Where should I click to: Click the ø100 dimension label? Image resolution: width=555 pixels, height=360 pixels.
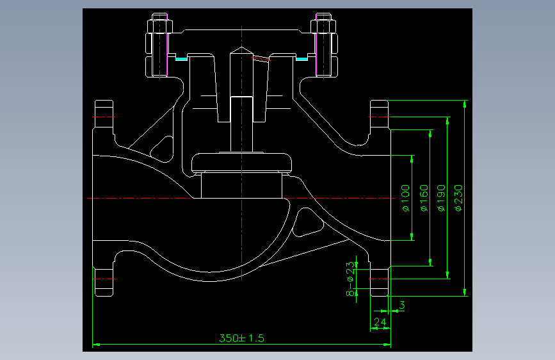(406, 198)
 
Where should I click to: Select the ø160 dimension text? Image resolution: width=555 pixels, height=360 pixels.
(424, 198)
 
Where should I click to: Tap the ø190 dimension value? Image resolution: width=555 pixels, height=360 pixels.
(441, 198)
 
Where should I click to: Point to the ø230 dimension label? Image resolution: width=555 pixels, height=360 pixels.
(458, 198)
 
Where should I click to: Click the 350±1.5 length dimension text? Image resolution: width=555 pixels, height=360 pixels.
(242, 338)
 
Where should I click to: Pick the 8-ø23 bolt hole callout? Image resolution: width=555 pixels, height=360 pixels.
(350, 279)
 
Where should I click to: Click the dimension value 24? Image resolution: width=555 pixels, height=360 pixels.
(380, 322)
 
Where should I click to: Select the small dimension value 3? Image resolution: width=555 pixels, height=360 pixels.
(402, 305)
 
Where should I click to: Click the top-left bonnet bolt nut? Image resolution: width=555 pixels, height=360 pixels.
(159, 26)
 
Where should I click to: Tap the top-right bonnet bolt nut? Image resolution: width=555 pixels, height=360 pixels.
(323, 26)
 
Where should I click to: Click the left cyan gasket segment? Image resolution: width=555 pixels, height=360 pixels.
(182, 59)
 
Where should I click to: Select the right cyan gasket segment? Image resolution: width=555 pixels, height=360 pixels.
(302, 59)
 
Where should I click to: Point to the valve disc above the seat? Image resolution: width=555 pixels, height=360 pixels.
(242, 162)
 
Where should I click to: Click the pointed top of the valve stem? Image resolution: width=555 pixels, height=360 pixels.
(242, 47)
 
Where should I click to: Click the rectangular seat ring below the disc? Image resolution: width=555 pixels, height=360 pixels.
(242, 185)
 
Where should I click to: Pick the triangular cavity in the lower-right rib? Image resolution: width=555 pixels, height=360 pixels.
(307, 222)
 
